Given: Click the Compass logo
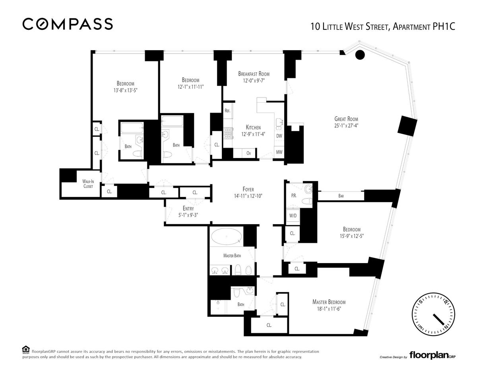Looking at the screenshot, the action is (68, 24).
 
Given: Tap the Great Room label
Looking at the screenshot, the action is (346, 119).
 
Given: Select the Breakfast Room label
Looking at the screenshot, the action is (254, 74).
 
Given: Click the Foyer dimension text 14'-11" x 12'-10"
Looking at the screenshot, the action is (248, 196).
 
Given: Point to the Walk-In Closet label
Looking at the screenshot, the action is (88, 184).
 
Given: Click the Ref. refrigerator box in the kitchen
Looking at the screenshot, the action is (228, 111).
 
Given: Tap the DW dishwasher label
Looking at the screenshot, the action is (279, 136).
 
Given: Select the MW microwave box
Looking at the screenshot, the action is (279, 152).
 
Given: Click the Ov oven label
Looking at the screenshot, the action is (248, 153).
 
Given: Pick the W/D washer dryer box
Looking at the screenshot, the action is (293, 216).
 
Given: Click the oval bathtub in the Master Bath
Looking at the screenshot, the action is (226, 237).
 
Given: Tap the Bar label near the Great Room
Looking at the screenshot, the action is (341, 196).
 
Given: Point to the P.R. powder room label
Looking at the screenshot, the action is (294, 196).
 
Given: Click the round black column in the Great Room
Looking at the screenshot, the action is (360, 55).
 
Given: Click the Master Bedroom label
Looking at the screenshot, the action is (329, 302).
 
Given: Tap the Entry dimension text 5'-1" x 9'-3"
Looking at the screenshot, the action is (188, 215).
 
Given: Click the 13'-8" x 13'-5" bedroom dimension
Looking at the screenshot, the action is (125, 90).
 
